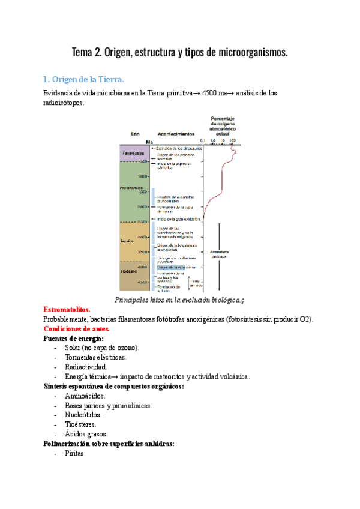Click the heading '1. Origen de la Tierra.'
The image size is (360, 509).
tap(84, 79)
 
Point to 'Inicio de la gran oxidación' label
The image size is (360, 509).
tap(178, 219)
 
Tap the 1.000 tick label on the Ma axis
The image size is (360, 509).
tap(142, 176)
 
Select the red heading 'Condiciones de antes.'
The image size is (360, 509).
tap(77, 328)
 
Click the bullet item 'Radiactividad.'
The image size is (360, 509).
tap(86, 367)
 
